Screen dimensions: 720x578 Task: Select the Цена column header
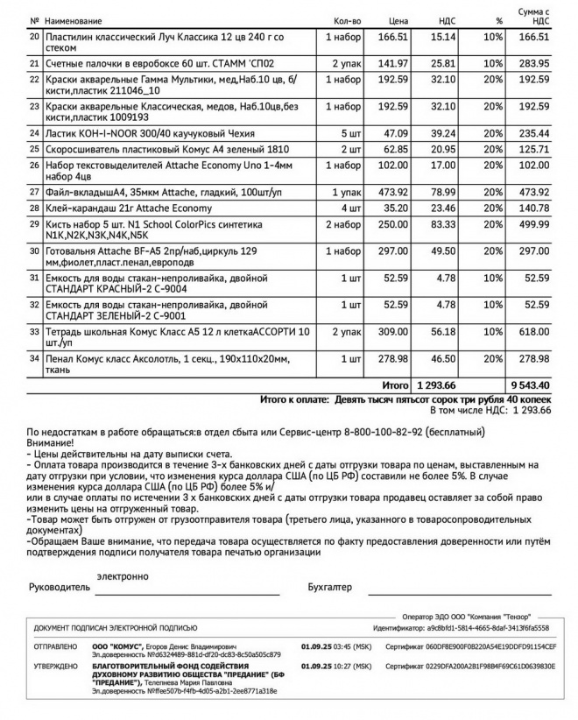398,20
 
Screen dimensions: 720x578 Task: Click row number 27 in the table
34,192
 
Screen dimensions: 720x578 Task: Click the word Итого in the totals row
396,385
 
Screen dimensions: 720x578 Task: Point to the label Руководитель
60,586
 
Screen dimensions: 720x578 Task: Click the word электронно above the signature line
123,575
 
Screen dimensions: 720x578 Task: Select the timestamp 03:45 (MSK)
349,646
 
